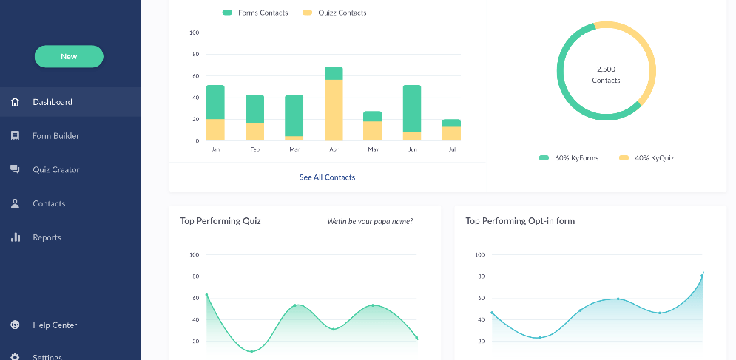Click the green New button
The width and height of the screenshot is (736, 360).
[69, 56]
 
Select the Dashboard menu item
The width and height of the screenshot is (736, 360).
[53, 102]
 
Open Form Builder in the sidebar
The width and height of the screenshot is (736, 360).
[55, 136]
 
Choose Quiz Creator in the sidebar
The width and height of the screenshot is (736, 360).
[55, 170]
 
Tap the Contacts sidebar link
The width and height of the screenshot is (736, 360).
[49, 203]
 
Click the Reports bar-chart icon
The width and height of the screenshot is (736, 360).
[16, 237]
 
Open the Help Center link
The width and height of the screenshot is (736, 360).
[55, 325]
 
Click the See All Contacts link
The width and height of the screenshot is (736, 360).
[327, 177]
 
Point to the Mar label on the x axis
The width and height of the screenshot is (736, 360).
[294, 149]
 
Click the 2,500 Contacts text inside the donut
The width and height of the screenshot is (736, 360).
[606, 75]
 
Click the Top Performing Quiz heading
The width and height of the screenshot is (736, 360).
[220, 221]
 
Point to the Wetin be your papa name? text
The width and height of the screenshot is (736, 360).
[370, 221]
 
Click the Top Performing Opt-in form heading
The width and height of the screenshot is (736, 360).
[520, 221]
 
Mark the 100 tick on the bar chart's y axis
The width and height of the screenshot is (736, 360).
[195, 33]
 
